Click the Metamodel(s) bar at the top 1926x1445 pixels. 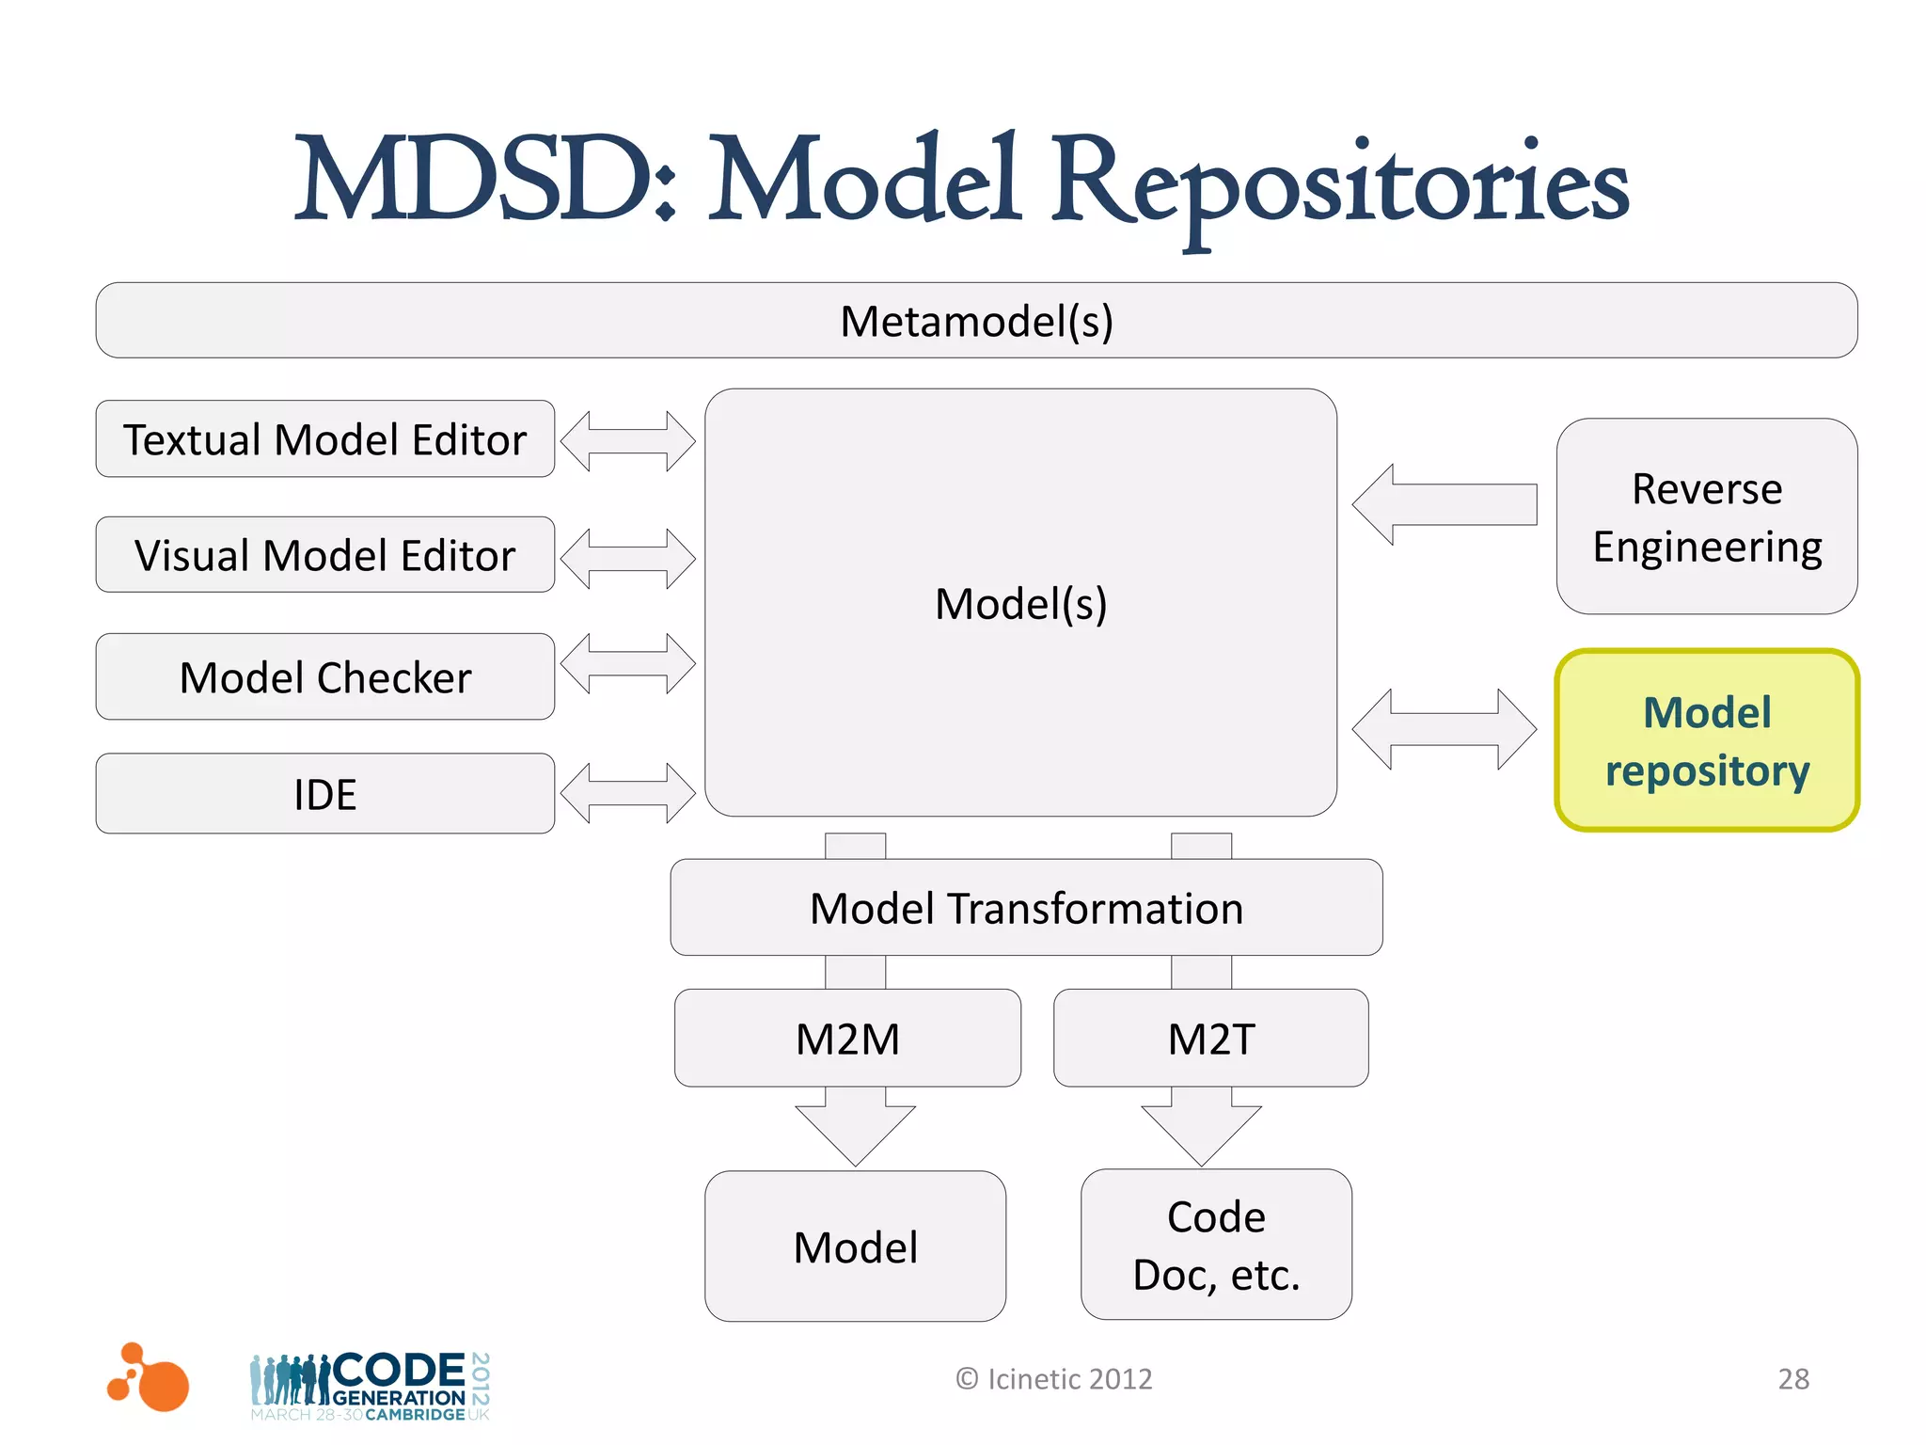pyautogui.click(x=976, y=321)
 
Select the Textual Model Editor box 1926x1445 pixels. pyautogui.click(x=324, y=439)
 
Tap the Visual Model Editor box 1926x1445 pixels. pyautogui.click(x=324, y=555)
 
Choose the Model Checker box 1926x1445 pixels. pyautogui.click(x=324, y=677)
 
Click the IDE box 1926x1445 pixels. pyautogui.click(x=324, y=794)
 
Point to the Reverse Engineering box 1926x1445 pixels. pyautogui.click(x=1706, y=517)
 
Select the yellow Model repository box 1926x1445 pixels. pyautogui.click(x=1706, y=740)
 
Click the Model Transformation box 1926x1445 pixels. pyautogui.click(x=1026, y=908)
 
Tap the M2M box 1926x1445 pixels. pyautogui.click(x=847, y=1039)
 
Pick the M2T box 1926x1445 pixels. pyautogui.click(x=1210, y=1039)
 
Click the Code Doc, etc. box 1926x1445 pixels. pyautogui.click(x=1216, y=1245)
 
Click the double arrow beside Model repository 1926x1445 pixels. pyautogui.click(x=1444, y=729)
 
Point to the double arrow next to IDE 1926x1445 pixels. pyautogui.click(x=627, y=793)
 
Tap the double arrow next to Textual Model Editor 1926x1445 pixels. pyautogui.click(x=627, y=440)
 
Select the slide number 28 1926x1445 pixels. pyautogui.click(x=1792, y=1379)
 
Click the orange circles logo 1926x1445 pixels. pyautogui.click(x=149, y=1378)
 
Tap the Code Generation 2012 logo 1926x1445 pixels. pyautogui.click(x=370, y=1386)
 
